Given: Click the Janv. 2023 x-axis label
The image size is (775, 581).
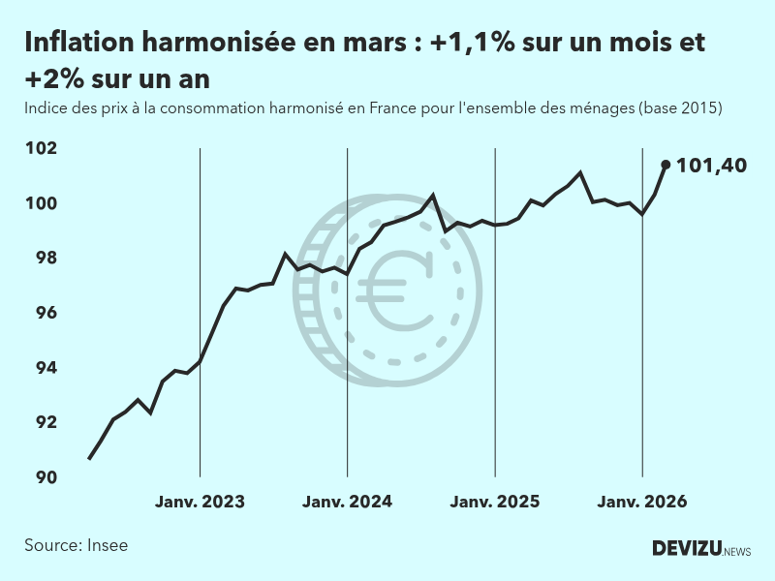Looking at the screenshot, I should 200,502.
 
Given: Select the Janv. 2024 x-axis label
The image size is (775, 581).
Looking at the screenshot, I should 347,502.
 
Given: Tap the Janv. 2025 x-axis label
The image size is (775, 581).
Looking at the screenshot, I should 495,502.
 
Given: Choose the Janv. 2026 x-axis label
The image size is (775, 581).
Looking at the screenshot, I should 642,502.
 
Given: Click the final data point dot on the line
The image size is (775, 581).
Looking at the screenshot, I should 666,165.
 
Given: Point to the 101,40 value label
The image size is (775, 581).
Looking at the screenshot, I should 711,166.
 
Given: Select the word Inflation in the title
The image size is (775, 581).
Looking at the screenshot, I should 79,43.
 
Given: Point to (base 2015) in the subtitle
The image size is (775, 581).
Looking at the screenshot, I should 680,108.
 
